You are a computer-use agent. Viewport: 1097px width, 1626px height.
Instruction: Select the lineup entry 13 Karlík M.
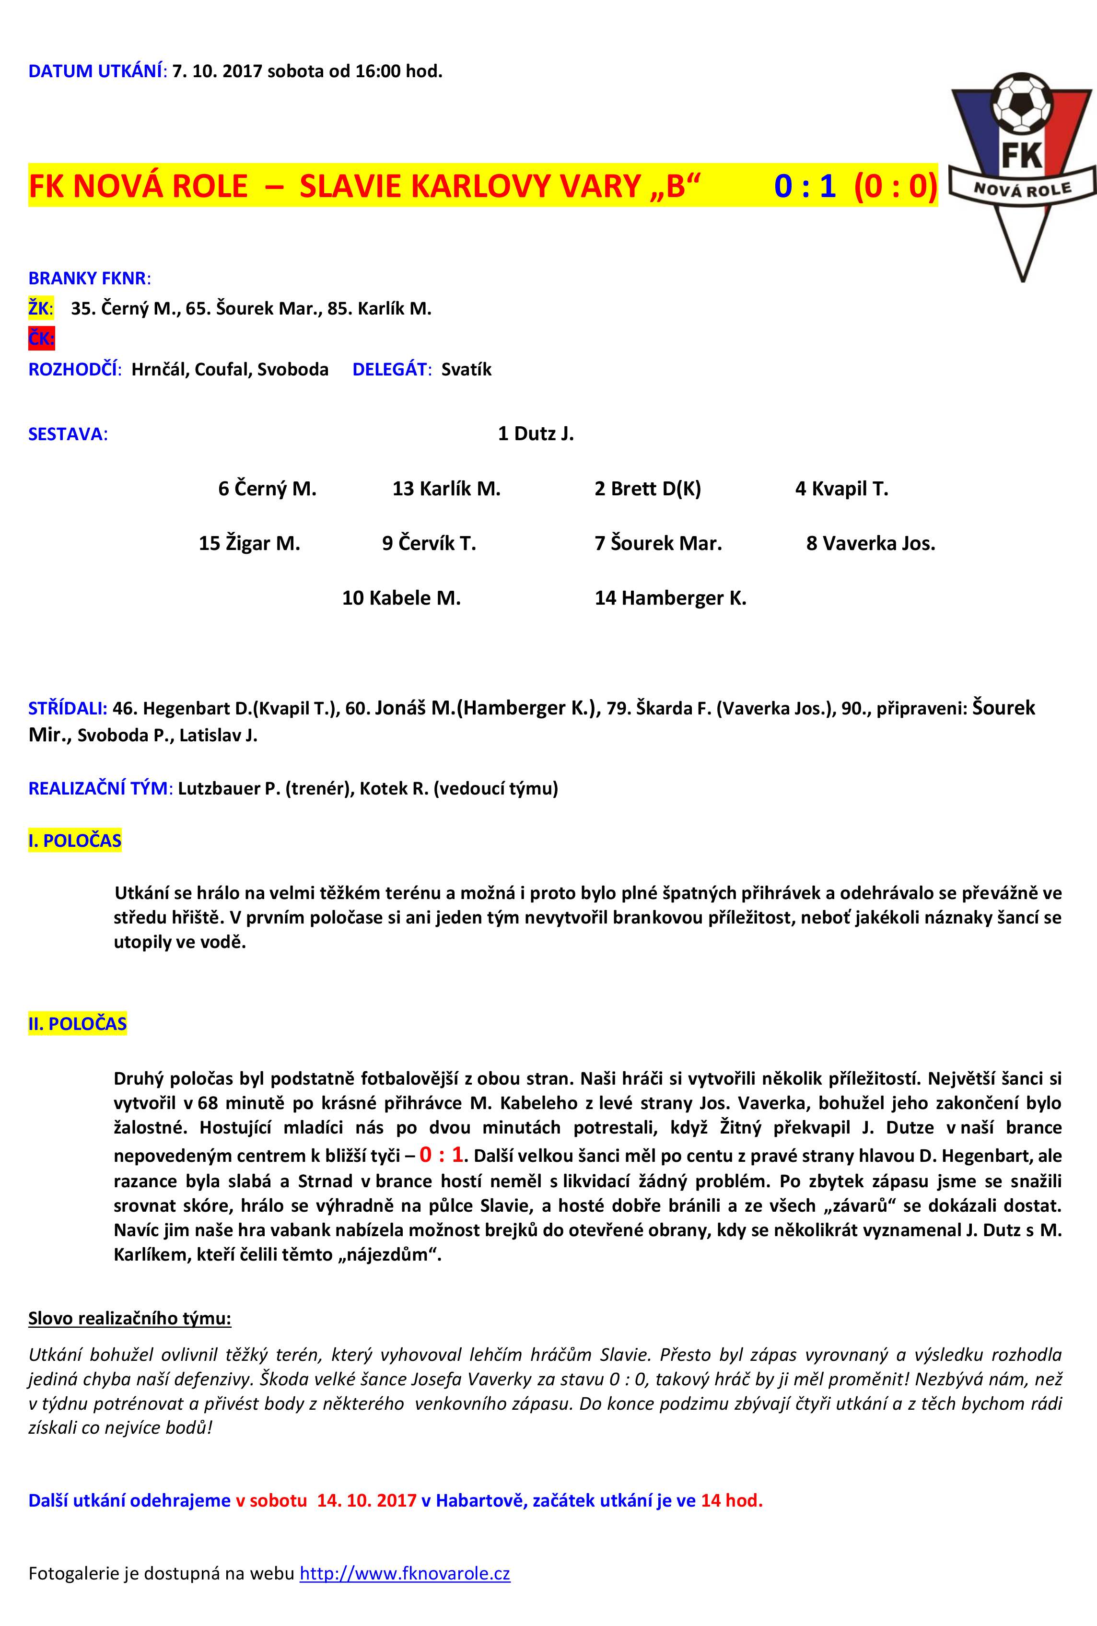(x=446, y=488)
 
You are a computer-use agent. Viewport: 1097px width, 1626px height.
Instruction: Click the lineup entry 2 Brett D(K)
(x=647, y=488)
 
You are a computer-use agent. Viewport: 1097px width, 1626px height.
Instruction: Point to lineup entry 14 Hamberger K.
(x=670, y=598)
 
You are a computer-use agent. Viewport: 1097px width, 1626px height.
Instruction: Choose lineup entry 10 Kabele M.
(x=401, y=598)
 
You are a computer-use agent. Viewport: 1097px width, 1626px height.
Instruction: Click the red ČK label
(x=41, y=339)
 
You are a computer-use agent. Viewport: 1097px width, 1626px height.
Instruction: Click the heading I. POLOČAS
(x=75, y=840)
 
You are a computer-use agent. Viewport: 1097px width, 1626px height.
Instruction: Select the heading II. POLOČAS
(x=78, y=1024)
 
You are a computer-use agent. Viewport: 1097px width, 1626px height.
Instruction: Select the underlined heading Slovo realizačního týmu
(x=129, y=1318)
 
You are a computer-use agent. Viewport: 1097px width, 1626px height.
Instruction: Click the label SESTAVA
(x=68, y=434)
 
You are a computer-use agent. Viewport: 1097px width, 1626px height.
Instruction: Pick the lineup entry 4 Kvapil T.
(x=841, y=488)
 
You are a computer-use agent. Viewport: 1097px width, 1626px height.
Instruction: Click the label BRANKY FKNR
(x=89, y=279)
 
